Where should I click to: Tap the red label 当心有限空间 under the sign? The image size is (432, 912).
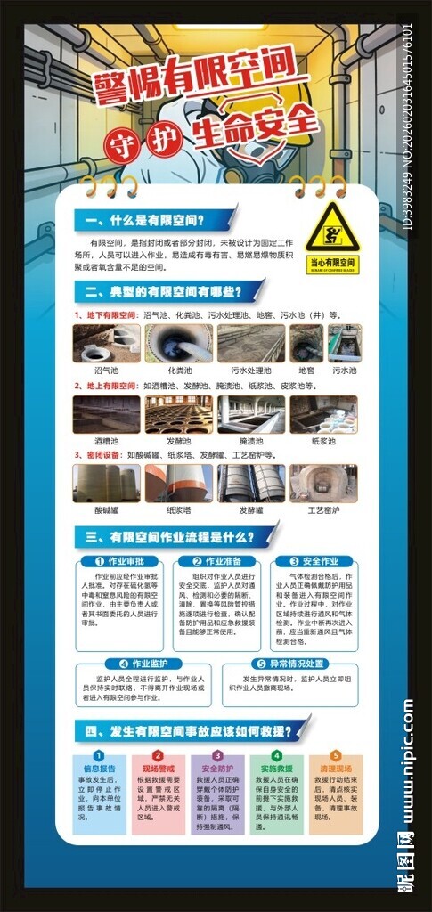pos(331,264)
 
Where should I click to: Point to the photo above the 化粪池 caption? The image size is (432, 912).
pos(178,343)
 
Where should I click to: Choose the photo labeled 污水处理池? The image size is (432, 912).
pos(250,343)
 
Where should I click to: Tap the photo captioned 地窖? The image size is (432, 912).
pos(306,343)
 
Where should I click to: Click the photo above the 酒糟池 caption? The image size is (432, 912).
pos(106,414)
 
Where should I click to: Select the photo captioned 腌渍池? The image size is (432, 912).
pos(250,414)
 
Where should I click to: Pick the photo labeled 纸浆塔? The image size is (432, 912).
pos(178,484)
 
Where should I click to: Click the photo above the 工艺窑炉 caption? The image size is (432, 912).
pos(323,484)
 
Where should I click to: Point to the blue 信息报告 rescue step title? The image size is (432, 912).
pos(98,768)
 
